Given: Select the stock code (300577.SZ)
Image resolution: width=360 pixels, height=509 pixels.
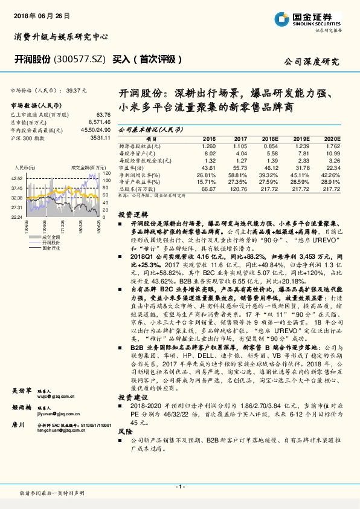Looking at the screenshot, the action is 81,59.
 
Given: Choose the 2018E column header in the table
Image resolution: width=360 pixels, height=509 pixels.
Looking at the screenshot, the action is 269,138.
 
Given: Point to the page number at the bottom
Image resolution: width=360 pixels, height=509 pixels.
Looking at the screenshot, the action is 179,487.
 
